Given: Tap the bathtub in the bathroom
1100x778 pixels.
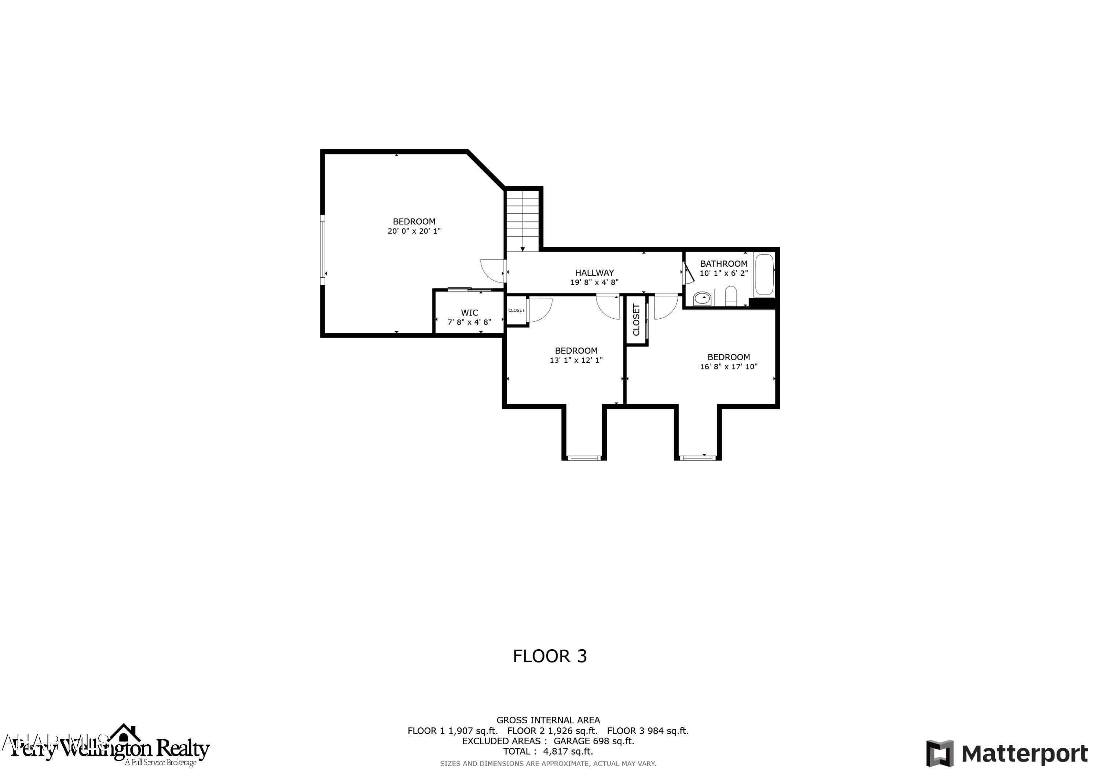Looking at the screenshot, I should point(764,275).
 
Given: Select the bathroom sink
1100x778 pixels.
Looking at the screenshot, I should point(703,298).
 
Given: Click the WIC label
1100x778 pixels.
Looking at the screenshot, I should point(469,313).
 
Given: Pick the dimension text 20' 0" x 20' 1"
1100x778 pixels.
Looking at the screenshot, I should point(414,231).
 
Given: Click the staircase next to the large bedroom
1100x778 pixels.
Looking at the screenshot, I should point(523,220).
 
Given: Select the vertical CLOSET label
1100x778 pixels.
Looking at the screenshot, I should point(636,320).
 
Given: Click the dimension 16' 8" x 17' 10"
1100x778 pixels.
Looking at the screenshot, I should point(728,367).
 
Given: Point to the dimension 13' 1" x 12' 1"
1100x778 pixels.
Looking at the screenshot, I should point(576,360).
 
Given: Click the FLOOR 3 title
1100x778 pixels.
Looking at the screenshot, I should point(550,656).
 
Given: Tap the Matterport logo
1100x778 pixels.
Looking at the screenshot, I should point(1006,753).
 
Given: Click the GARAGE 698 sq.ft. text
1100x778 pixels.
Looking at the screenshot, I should point(594,741).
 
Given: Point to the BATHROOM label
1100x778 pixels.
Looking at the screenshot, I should point(723,264).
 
